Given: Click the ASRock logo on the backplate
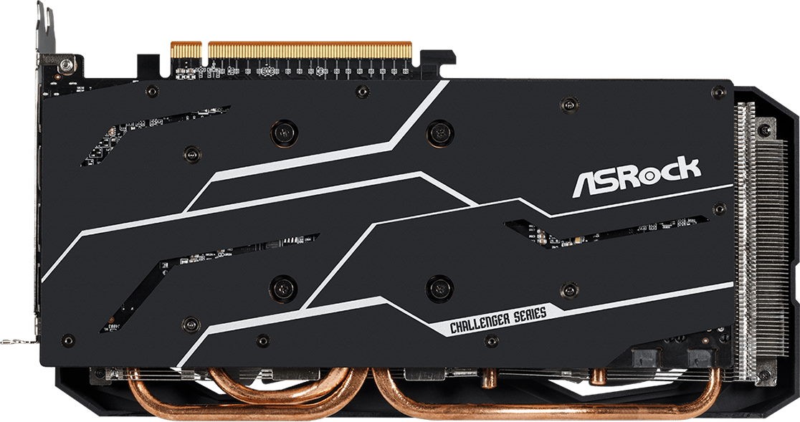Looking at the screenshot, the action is coord(637,177).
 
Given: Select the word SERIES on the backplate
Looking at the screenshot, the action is coord(530,313).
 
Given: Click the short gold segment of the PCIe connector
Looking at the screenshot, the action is coord(186,50).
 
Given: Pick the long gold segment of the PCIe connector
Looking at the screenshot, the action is coord(310,50).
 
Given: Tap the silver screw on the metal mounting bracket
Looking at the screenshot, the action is coord(66,64).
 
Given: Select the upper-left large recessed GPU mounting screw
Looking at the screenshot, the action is coord(284,133).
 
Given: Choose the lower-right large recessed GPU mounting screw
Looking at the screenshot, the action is coord(439,289).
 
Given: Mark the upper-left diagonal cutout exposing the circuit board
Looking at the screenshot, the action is coord(153,135).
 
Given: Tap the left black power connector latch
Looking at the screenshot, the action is coord(645,358).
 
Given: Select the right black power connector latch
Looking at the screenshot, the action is coord(700,358).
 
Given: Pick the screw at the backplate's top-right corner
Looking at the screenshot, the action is coord(718,92).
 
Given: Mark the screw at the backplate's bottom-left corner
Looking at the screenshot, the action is coord(68,340).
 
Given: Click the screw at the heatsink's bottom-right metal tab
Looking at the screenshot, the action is coord(763,375).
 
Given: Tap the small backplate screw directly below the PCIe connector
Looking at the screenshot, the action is coord(362,92).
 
